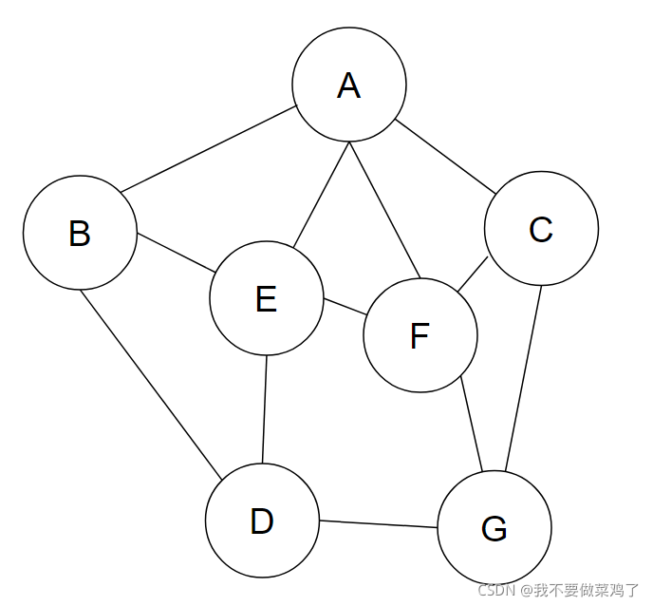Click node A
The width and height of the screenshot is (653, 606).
[x=349, y=85]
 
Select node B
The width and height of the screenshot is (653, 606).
[x=80, y=233]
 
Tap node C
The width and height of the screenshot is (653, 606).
[x=541, y=229]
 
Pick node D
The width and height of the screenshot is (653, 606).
[x=262, y=521]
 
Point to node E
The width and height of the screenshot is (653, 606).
[x=267, y=298]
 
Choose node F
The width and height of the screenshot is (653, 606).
[x=420, y=335]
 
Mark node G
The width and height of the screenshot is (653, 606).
[x=494, y=527]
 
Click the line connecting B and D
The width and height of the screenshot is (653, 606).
[x=152, y=384]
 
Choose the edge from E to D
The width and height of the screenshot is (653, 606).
[x=265, y=409]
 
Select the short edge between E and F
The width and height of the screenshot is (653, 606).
[x=345, y=309]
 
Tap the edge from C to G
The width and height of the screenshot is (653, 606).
[x=524, y=377]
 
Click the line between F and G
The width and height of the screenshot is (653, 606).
[x=472, y=423]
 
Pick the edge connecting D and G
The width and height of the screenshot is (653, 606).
[x=378, y=523]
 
